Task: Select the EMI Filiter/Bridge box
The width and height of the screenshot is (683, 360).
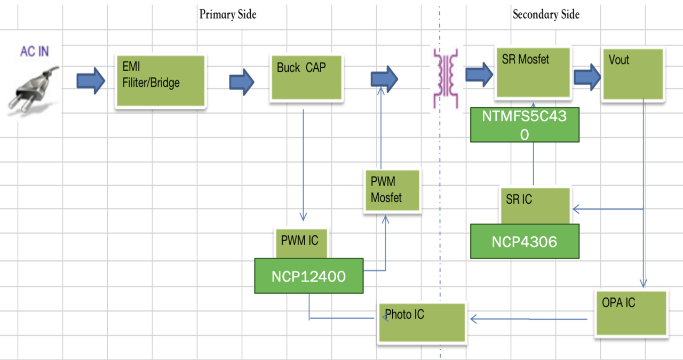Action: [x=161, y=82]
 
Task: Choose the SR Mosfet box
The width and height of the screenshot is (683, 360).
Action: [x=533, y=73]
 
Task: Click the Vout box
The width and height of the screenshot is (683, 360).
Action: [x=633, y=74]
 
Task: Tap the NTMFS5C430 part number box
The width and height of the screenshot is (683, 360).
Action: [x=525, y=125]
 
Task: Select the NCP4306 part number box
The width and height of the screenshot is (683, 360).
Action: [x=525, y=242]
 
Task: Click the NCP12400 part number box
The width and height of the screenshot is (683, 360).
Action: [x=308, y=276]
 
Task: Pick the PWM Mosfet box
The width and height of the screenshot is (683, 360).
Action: [x=392, y=191]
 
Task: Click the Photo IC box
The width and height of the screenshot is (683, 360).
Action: [x=422, y=322]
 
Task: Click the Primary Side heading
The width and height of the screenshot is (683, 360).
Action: [x=228, y=14]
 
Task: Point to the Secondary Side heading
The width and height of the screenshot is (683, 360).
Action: [x=546, y=14]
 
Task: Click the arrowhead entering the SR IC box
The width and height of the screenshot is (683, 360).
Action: [x=576, y=209]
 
